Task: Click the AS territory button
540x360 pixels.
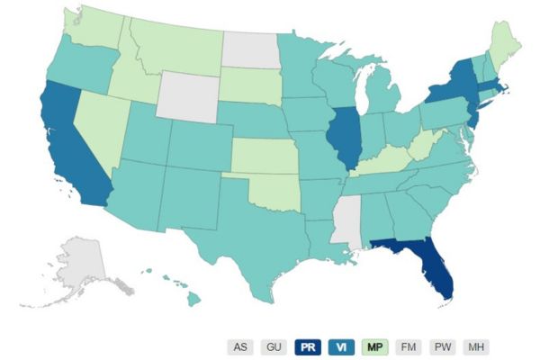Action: pos(240,346)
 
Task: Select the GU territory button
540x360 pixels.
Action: pos(274,346)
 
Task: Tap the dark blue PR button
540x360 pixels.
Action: pos(308,346)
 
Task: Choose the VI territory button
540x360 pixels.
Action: pos(341,346)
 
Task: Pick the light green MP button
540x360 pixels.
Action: pos(375,346)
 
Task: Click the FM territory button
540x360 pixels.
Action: pos(408,346)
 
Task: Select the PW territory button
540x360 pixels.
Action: pos(442,346)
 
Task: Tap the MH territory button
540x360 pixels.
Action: pos(475,346)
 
